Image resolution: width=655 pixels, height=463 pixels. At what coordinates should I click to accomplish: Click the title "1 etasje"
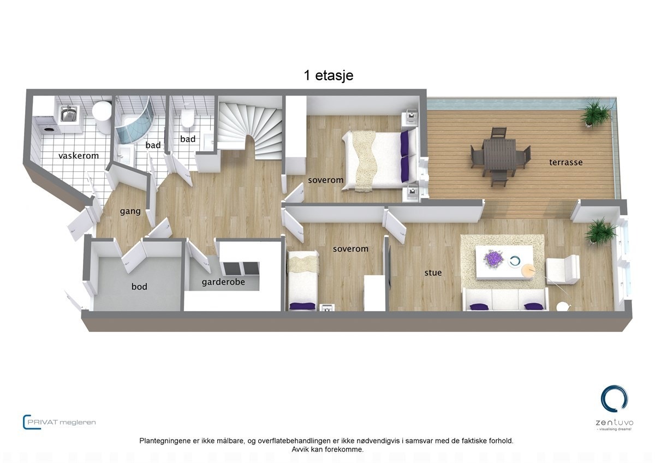click(328, 75)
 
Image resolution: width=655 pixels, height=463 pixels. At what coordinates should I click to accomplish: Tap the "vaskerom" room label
click(79, 156)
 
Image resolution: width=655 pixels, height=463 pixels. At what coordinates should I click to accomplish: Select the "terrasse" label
click(566, 162)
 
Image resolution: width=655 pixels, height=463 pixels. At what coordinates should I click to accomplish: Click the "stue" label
click(433, 272)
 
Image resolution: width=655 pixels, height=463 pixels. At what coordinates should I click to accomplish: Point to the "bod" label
click(139, 287)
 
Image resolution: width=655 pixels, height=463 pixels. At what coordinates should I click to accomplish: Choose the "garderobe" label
click(223, 282)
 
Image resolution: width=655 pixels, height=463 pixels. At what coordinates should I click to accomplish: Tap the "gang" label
click(130, 211)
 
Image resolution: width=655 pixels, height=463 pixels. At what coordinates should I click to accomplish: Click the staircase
click(251, 128)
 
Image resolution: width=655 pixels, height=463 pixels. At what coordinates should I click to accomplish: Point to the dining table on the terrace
click(499, 155)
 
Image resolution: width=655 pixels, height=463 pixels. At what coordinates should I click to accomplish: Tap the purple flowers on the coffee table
click(495, 258)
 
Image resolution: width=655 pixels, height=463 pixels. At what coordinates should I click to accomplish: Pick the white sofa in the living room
click(505, 300)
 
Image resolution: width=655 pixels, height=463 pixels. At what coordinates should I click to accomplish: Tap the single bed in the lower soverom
click(303, 281)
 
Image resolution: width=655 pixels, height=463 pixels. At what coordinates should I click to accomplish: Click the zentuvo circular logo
click(614, 399)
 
